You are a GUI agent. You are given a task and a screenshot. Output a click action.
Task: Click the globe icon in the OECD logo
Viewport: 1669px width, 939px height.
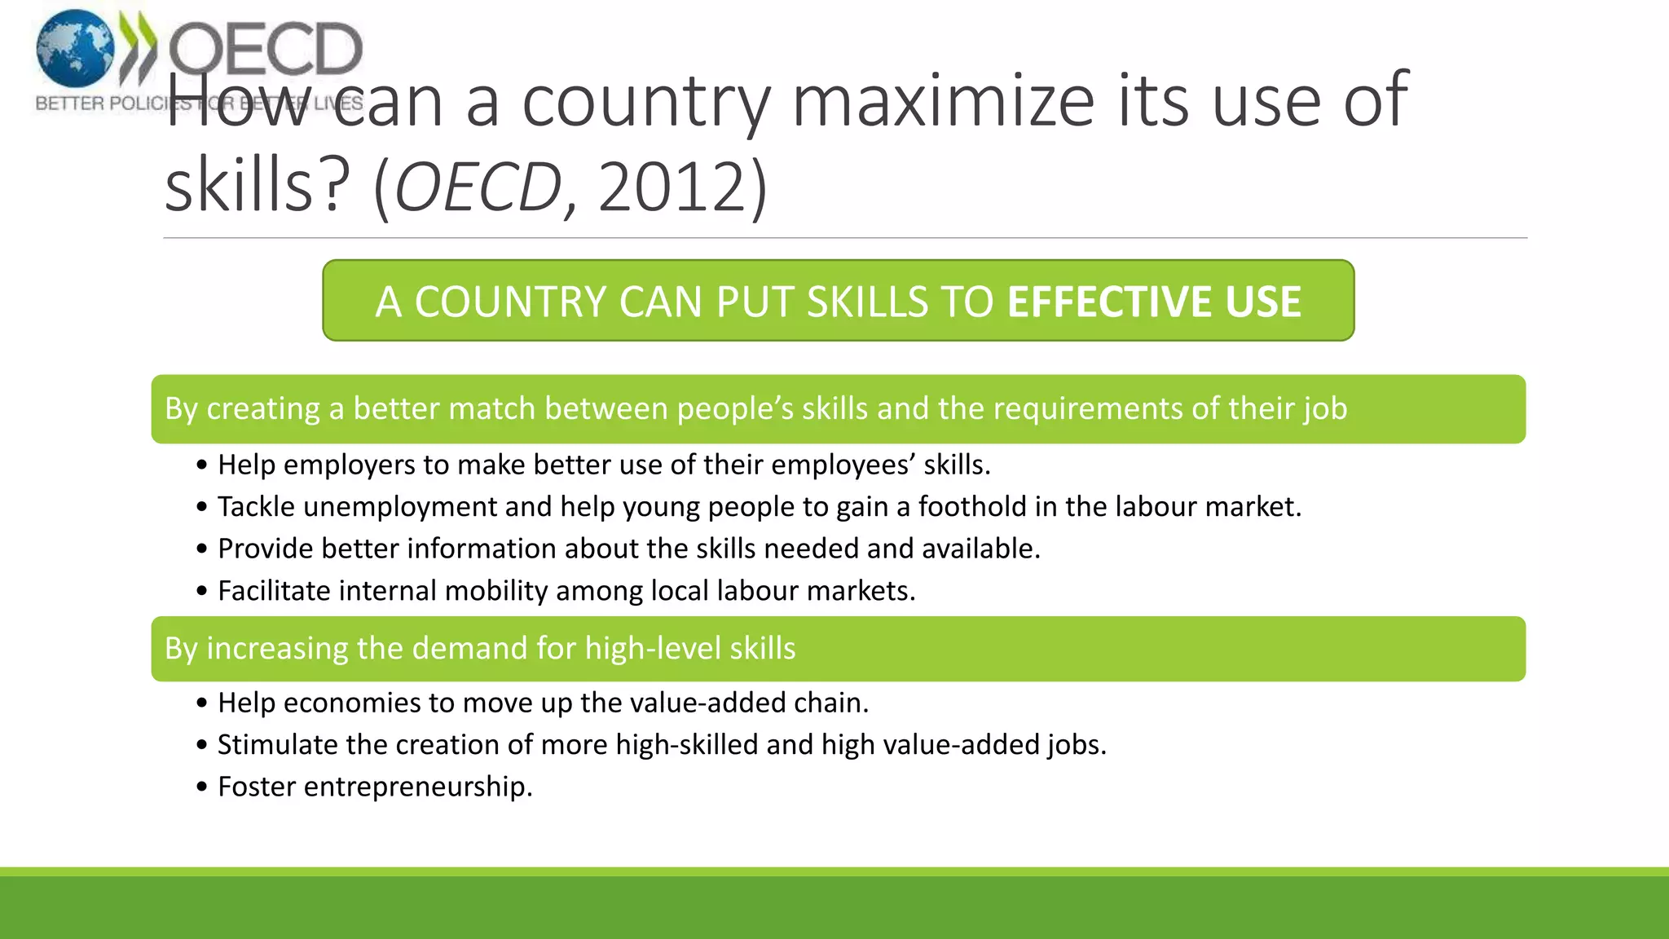pyautogui.click(x=75, y=49)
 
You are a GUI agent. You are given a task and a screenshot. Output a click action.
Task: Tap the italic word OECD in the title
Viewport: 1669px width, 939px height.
pyautogui.click(x=478, y=187)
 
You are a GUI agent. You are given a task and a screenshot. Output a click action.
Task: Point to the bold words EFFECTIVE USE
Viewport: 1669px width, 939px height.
pyautogui.click(x=1154, y=302)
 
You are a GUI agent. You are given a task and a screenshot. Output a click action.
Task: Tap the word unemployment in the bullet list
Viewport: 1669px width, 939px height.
pyautogui.click(x=399, y=507)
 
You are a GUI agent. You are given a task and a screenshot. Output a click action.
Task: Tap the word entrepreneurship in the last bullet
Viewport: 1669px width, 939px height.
pyautogui.click(x=417, y=787)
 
